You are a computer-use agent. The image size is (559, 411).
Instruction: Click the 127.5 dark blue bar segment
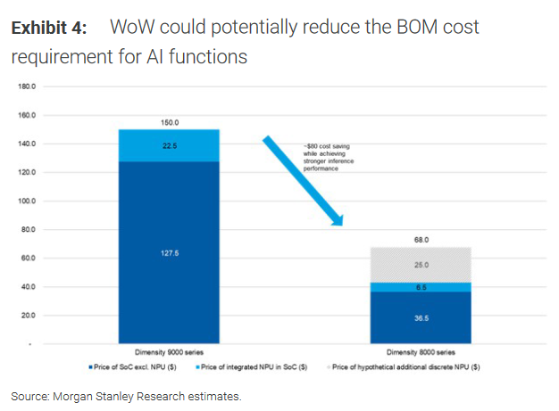coord(170,251)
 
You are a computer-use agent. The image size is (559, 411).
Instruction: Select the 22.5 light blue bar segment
coord(170,145)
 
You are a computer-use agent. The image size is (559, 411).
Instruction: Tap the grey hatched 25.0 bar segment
coord(420,265)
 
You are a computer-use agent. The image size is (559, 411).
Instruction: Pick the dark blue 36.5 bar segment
coord(420,316)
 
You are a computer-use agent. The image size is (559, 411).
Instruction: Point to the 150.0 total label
coord(170,122)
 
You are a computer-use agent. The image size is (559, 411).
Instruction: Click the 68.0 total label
coord(420,240)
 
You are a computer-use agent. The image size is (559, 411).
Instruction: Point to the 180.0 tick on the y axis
coord(26,86)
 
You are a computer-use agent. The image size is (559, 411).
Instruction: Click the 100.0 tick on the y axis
coord(26,201)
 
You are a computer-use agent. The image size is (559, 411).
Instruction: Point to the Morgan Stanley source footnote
coord(126,395)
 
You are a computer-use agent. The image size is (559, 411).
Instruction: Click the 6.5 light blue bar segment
coord(420,287)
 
